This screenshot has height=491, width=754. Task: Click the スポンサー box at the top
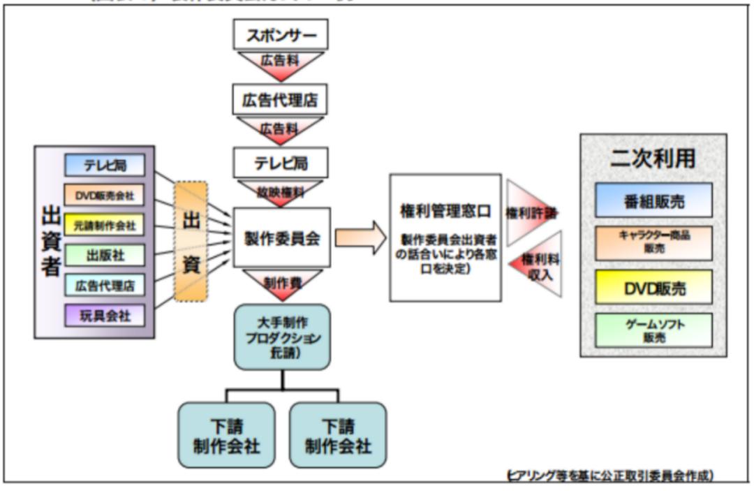tap(281, 35)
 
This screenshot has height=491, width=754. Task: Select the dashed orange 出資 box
tap(191, 241)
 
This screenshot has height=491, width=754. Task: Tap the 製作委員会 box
tap(281, 237)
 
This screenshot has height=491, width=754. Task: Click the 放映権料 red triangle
tap(281, 191)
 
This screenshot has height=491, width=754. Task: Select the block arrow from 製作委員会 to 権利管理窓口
tap(360, 238)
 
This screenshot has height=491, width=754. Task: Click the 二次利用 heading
tap(653, 159)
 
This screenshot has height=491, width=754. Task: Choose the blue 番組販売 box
tap(653, 201)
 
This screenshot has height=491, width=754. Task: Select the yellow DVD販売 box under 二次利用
tap(653, 287)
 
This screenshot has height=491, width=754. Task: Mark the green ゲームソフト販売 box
tap(653, 330)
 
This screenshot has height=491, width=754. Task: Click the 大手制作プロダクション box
tap(282, 337)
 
